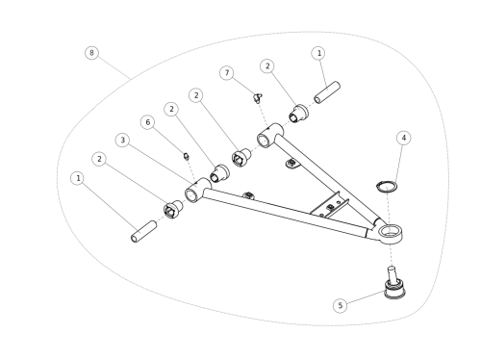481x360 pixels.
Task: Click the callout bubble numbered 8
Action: click(91, 53)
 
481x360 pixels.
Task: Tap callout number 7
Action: click(227, 73)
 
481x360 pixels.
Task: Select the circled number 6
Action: click(147, 122)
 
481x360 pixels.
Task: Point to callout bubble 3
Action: click(122, 141)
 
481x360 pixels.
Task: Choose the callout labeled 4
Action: click(404, 138)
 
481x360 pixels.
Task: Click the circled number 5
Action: click(341, 305)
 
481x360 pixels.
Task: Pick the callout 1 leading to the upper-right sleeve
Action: click(318, 53)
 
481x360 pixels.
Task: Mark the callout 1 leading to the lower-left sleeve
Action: click(78, 178)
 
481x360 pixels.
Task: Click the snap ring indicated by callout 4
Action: click(387, 187)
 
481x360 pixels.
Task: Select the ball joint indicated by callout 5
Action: click(395, 284)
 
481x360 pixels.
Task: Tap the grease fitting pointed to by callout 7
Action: click(258, 98)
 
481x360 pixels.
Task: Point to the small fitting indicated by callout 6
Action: click(187, 156)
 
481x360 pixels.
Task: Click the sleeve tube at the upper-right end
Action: click(327, 92)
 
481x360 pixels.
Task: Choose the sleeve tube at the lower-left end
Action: click(144, 232)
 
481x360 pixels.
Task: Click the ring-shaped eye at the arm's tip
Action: click(390, 233)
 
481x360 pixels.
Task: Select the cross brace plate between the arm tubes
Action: click(330, 206)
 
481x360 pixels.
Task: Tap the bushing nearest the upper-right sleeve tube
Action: click(298, 114)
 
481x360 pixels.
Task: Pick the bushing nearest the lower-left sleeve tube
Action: click(173, 209)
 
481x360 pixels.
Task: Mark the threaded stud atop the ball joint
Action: click(392, 273)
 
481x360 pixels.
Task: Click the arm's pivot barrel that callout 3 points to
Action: click(198, 191)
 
